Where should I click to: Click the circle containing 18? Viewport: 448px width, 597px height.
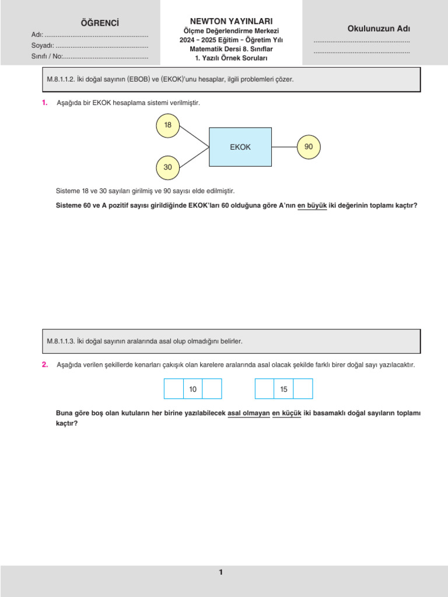[x=168, y=125]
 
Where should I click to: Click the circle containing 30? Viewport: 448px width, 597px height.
[x=168, y=167]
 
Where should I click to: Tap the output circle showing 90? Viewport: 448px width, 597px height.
[x=309, y=147]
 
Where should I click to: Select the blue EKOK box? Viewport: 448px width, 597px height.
[x=240, y=147]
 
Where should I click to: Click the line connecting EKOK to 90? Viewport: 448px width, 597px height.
[x=284, y=147]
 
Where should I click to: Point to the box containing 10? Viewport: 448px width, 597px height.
[x=192, y=389]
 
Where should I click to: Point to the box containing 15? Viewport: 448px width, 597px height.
[x=283, y=389]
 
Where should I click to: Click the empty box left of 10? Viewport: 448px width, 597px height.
[x=174, y=389]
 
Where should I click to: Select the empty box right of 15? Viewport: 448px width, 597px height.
[x=303, y=389]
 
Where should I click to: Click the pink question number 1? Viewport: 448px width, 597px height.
[x=44, y=103]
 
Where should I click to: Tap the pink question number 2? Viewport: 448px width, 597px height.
[x=44, y=364]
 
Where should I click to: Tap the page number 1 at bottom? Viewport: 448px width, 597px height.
[x=220, y=573]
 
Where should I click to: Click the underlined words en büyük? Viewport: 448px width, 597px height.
[x=312, y=205]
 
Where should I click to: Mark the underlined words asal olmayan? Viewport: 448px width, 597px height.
[x=248, y=413]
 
